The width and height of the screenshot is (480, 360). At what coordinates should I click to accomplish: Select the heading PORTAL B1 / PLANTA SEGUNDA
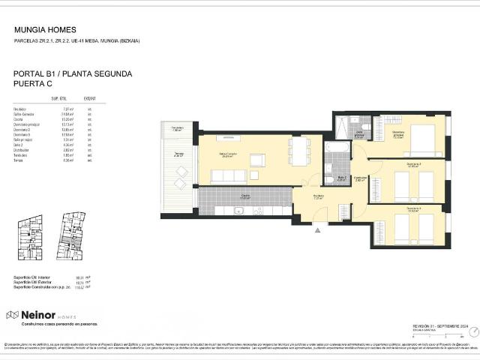point(73,74)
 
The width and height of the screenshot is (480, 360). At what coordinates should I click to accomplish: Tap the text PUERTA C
point(32,85)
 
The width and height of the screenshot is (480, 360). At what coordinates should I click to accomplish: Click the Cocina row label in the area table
point(19,119)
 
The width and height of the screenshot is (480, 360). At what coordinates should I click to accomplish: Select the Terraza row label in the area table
point(19,160)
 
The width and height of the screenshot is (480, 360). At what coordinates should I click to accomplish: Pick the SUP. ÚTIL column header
point(59,98)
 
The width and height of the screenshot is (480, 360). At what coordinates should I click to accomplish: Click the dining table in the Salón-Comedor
point(298,150)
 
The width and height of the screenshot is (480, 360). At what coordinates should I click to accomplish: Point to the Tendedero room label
point(176,129)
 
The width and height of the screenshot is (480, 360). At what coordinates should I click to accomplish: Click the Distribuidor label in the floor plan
point(360,178)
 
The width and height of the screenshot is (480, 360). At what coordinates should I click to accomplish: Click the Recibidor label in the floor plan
point(319,197)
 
